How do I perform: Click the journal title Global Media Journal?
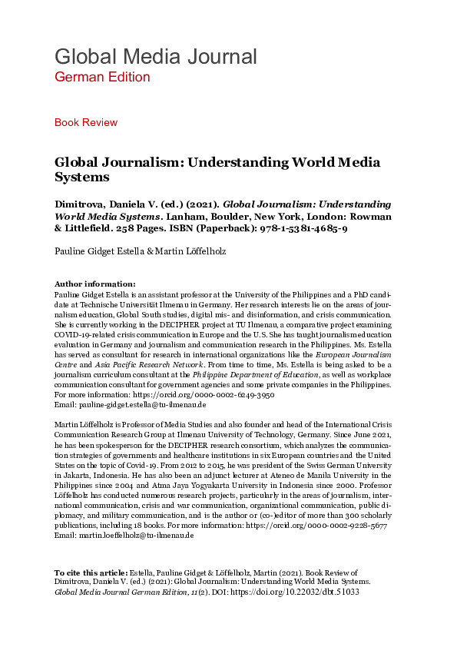155,56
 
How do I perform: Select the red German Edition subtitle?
102,77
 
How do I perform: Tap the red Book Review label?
86,122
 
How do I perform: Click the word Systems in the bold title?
82,178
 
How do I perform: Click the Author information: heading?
94,284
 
